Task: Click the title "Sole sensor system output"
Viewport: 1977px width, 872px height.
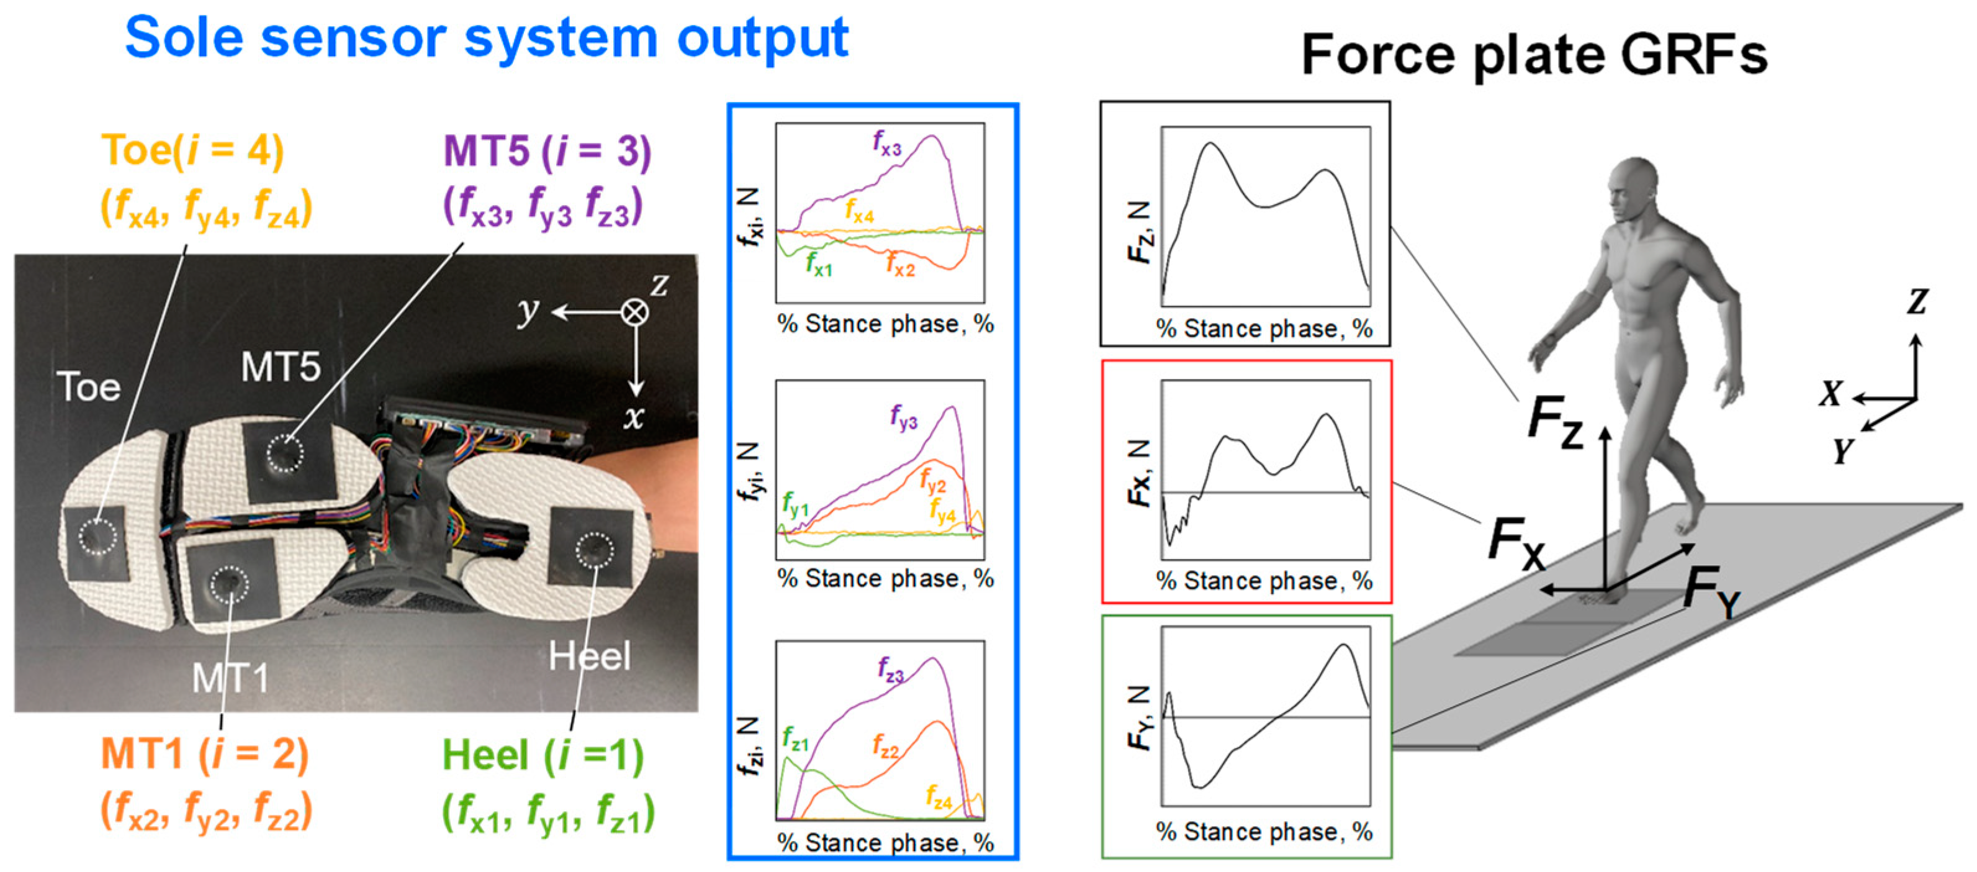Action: pos(486,39)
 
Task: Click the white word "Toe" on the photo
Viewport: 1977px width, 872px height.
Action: pos(89,387)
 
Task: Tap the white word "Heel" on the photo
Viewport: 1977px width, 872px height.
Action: pos(590,656)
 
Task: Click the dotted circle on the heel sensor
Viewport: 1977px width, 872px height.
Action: pos(595,550)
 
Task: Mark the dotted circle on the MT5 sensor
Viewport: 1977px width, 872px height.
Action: pos(285,453)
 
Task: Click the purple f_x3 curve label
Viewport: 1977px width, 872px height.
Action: pos(887,143)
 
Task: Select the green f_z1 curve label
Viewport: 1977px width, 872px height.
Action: pos(795,738)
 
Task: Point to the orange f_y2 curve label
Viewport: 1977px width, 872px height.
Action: pos(932,482)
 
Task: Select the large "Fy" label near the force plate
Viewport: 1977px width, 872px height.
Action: pos(1712,593)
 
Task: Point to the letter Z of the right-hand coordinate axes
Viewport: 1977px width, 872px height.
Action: pos(1917,302)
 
